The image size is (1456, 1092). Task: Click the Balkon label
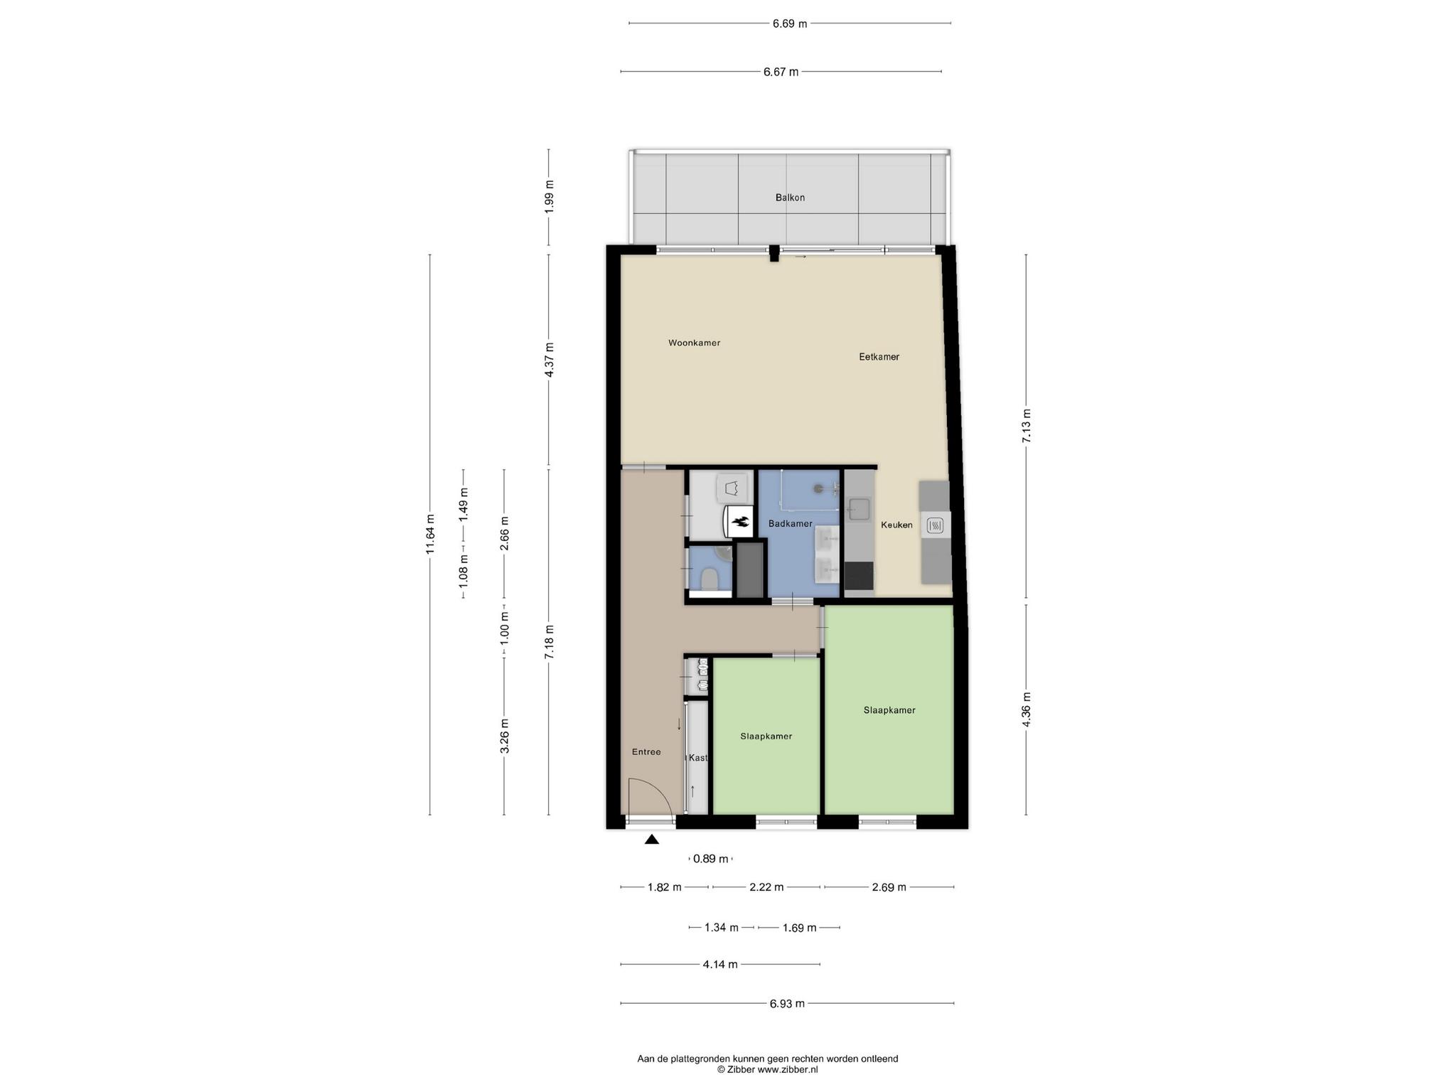790,198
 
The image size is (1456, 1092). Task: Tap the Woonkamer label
694,343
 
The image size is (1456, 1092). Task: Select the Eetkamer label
879,357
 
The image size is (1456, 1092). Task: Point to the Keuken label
896,525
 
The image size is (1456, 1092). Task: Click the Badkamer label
790,524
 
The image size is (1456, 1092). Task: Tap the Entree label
646,751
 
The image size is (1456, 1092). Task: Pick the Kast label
698,758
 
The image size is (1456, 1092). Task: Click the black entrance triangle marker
651,840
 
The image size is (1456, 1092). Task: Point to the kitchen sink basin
858,509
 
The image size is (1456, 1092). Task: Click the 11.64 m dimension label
429,534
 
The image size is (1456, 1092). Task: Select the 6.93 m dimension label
787,1004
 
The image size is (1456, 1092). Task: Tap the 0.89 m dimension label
711,859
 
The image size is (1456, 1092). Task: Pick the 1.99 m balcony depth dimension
548,198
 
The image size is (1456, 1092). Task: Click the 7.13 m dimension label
1026,427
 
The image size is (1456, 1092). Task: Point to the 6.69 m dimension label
790,23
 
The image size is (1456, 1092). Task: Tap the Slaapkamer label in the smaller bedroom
766,737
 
